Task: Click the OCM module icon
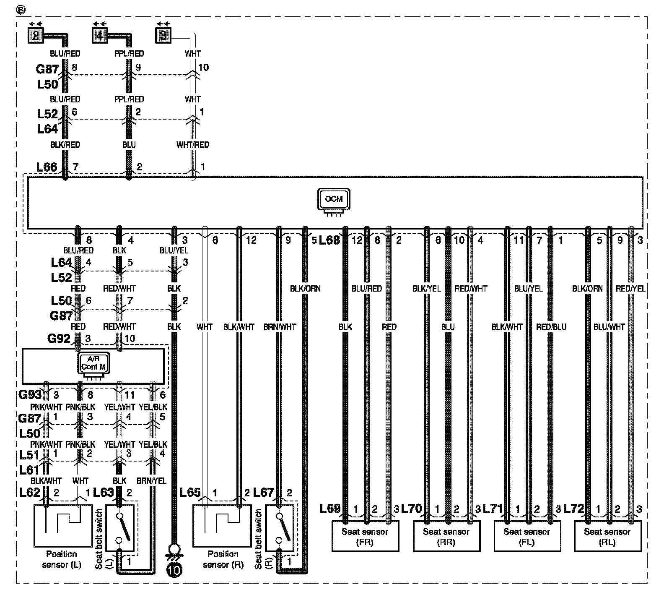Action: (334, 200)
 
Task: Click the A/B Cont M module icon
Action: (93, 363)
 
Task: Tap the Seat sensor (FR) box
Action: (365, 536)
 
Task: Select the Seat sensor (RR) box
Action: (446, 536)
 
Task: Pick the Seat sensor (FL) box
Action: (527, 536)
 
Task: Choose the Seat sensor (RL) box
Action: (607, 536)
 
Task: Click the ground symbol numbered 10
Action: (174, 570)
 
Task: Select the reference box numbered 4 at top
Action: (99, 35)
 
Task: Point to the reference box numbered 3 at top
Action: (163, 35)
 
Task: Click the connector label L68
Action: (329, 240)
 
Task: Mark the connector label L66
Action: (47, 167)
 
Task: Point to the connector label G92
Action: (59, 338)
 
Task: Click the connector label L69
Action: (330, 509)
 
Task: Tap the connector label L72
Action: (574, 509)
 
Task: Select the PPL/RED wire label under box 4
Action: (129, 54)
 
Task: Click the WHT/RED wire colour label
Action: (193, 145)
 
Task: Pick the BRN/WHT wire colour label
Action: (280, 327)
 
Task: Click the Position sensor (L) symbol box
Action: (63, 526)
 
